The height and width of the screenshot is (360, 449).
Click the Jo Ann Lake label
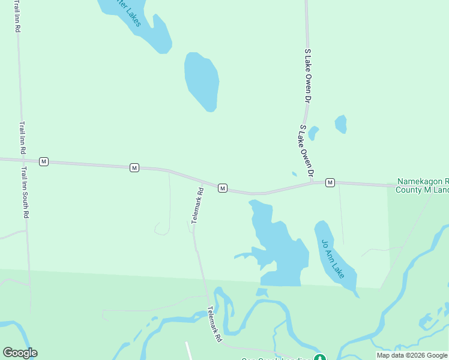pos(333,259)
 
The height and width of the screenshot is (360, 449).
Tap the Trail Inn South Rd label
pos(25,193)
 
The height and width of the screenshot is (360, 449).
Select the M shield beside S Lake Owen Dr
pos(330,182)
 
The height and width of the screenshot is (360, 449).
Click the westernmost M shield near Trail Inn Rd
pos(43,161)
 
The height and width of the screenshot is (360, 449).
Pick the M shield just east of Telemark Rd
pos(222,188)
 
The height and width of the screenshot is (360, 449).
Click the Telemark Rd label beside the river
pos(214,325)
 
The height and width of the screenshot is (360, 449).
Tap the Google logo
pos(20,353)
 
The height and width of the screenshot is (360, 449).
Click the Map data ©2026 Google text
pos(412,355)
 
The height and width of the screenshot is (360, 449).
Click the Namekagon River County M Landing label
pos(423,185)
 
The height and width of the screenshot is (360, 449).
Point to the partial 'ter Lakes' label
pos(128,13)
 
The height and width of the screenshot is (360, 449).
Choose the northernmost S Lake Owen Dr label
pos(308,75)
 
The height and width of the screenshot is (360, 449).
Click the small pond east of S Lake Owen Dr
pos(341,124)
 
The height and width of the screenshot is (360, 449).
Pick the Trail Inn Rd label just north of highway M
pos(22,138)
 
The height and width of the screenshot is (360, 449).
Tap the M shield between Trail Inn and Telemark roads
pos(134,167)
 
